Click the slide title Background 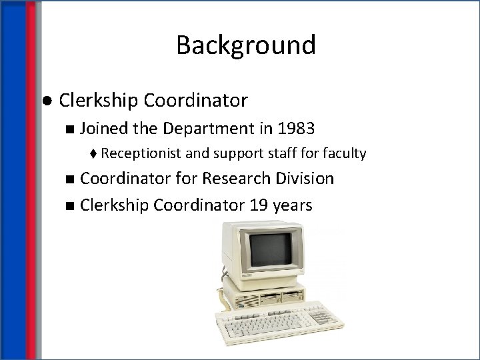(246, 45)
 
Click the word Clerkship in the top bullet (96, 101)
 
